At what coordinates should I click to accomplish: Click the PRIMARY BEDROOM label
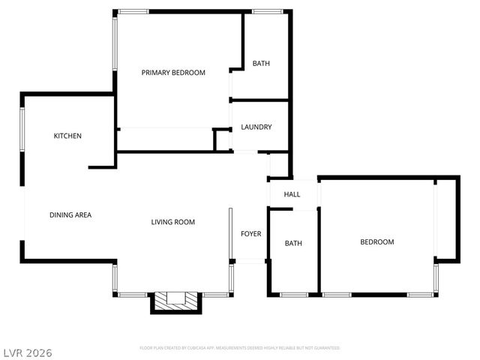173,73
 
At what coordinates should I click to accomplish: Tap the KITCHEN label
67,136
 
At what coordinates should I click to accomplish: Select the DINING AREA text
70,215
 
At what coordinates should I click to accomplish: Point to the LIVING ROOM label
173,222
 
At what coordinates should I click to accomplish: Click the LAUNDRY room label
256,127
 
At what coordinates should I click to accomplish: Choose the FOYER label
250,234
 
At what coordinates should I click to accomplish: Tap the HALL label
292,195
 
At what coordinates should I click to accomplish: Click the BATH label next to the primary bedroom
261,64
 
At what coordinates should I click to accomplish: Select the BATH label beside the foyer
293,244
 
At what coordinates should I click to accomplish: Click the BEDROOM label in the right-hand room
376,242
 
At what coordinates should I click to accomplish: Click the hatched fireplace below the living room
175,302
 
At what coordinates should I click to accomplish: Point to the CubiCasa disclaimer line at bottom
240,348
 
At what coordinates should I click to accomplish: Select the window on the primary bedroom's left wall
115,43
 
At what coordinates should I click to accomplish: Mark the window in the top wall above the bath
266,11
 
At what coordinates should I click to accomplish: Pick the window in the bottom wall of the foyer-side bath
293,295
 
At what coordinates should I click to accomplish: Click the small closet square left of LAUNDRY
221,140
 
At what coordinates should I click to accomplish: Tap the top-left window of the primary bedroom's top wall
133,11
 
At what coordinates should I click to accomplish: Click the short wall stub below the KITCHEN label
100,166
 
